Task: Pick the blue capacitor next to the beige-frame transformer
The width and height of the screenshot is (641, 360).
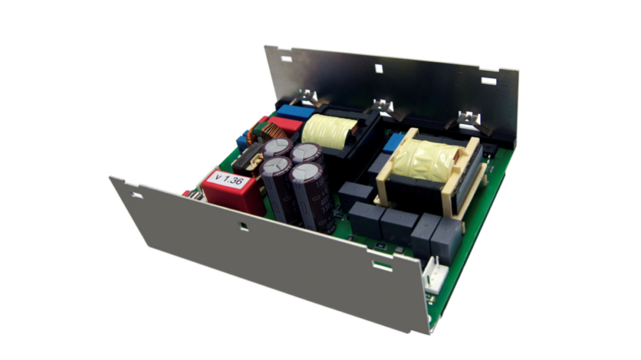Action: tap(392, 143)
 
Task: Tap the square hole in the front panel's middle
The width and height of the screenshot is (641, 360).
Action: tap(244, 227)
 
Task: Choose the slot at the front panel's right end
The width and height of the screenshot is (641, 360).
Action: tap(382, 265)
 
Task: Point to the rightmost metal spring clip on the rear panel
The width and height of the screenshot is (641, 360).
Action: tap(467, 118)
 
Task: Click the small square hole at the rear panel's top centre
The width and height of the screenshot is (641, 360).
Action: tap(379, 68)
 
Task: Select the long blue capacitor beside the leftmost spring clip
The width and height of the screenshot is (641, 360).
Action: tap(295, 111)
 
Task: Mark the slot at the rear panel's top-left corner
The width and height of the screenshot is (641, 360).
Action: tap(286, 59)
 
